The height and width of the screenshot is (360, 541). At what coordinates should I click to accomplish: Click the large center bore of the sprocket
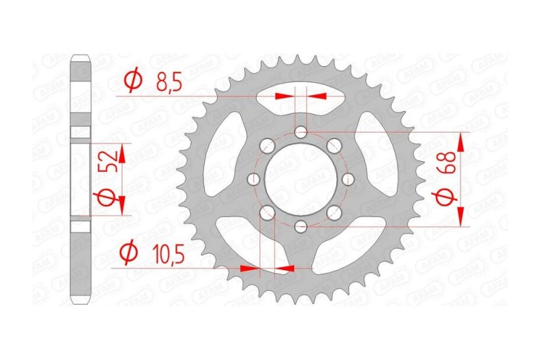[x=299, y=179]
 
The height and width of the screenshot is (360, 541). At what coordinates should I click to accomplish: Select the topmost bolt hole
[x=301, y=133]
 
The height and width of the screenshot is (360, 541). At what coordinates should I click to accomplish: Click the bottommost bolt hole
[x=301, y=226]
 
